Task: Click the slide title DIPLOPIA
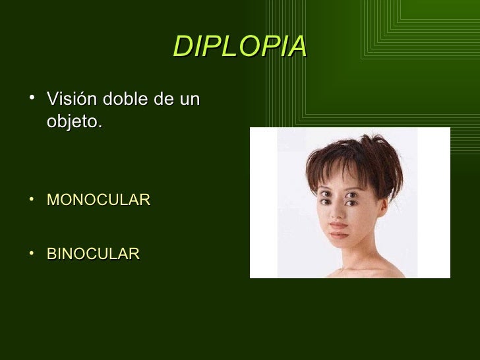pyautogui.click(x=240, y=45)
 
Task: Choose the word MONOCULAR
pyautogui.click(x=98, y=199)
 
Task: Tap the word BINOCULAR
pyautogui.click(x=93, y=253)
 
